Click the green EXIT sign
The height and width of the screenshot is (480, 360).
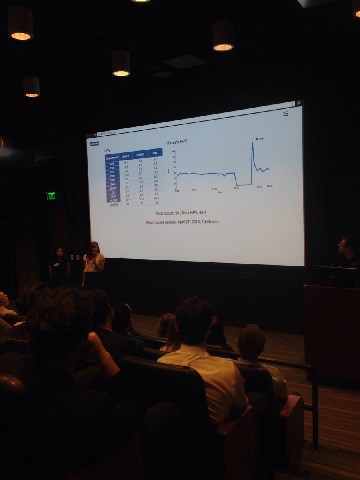[51, 196]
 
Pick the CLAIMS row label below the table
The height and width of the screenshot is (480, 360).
[114, 204]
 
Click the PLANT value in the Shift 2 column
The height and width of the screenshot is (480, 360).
[140, 199]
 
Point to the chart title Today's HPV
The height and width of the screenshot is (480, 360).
[177, 142]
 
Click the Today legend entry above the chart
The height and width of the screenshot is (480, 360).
[260, 138]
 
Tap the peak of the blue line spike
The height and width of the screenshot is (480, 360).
[252, 143]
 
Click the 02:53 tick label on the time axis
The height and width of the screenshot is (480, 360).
[236, 187]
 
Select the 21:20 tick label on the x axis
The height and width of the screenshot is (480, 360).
[214, 189]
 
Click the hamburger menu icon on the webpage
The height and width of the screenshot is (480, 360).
[286, 114]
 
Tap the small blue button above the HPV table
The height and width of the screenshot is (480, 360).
[94, 144]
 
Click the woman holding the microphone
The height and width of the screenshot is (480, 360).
[93, 264]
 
